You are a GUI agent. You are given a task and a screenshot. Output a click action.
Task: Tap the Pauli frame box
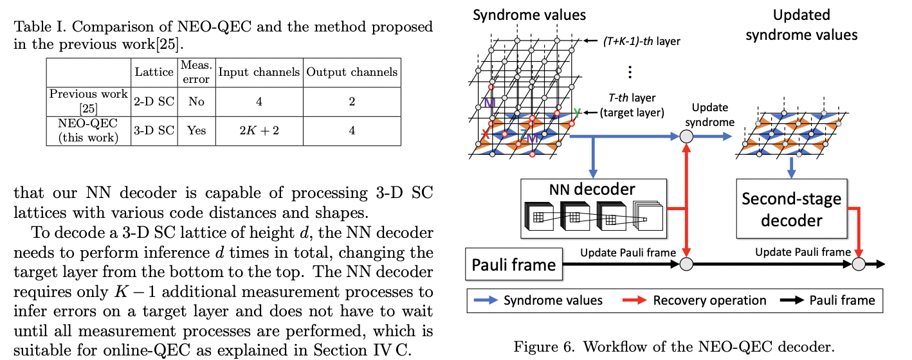click(x=514, y=264)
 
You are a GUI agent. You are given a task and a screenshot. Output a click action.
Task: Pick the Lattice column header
click(x=153, y=72)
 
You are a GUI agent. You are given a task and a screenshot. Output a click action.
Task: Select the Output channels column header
click(x=351, y=72)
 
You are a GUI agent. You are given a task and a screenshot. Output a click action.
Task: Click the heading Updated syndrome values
click(x=801, y=24)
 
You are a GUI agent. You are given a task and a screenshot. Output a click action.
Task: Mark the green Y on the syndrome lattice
click(x=576, y=113)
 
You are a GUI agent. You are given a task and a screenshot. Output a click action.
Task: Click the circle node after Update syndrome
click(x=686, y=136)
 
